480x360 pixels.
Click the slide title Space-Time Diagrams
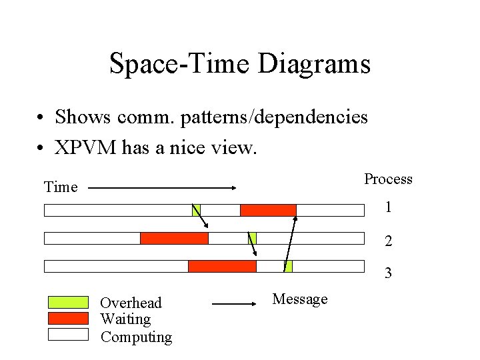239,64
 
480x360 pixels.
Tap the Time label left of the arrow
61,187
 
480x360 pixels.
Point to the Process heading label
388,179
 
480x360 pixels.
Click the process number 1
388,207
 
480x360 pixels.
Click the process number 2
388,241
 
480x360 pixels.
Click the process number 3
388,273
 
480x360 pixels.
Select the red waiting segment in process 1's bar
268,211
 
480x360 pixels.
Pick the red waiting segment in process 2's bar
174,239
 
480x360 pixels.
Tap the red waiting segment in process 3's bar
222,267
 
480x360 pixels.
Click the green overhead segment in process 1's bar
196,211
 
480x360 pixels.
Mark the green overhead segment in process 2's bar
252,239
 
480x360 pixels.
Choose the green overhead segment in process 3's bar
288,267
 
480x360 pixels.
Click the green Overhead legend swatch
68,303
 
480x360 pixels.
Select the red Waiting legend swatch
68,318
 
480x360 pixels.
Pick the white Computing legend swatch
68,334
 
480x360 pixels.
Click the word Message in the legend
300,299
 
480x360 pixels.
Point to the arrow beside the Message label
235,304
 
